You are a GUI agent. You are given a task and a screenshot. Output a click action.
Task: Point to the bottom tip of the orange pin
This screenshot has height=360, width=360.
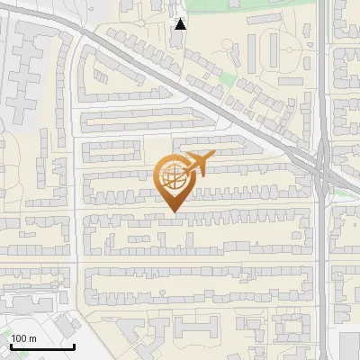tap(174, 212)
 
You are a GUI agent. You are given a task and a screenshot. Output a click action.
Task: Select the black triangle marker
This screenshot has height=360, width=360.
tap(181, 24)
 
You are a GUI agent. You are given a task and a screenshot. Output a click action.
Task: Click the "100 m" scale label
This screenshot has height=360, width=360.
tap(23, 338)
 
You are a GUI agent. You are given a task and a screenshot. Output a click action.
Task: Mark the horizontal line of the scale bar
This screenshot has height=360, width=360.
tap(42, 346)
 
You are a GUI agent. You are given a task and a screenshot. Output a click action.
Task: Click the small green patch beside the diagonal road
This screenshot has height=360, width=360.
tap(227, 79)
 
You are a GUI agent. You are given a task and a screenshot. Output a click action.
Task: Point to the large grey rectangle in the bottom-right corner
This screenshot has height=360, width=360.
tap(350, 346)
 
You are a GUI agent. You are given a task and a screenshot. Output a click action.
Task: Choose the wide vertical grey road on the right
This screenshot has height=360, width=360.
tap(322, 270)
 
